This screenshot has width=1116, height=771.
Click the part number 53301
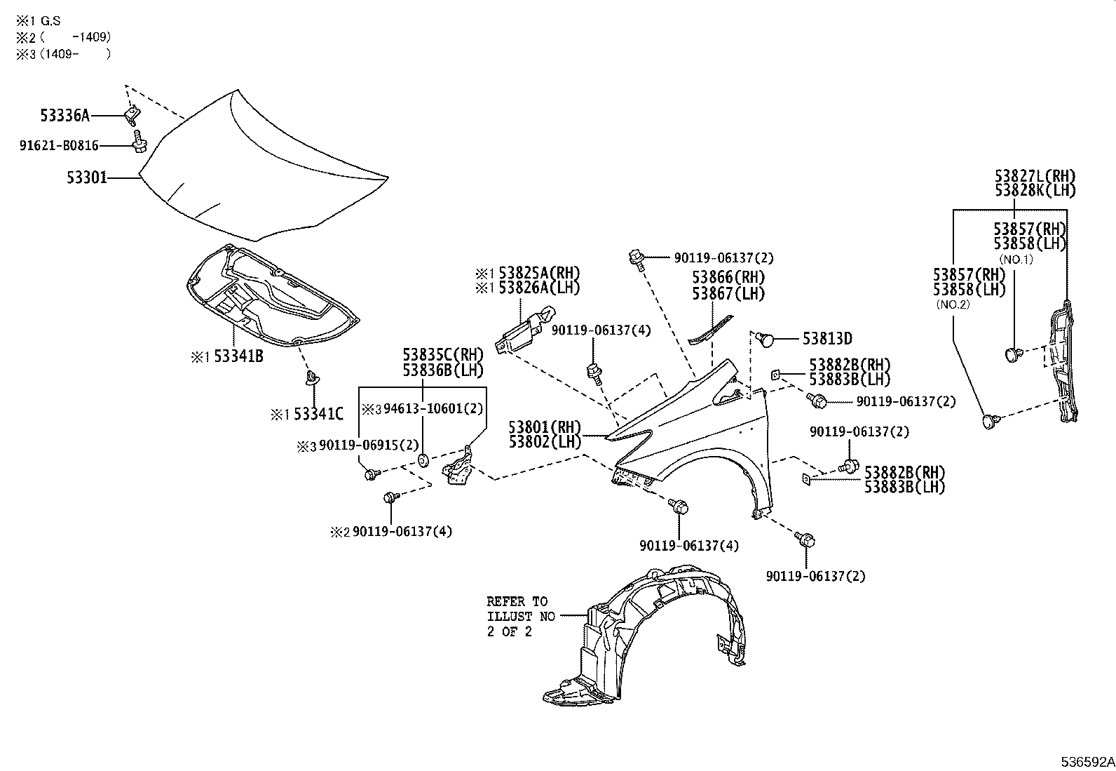click(87, 178)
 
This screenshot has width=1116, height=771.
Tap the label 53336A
click(64, 114)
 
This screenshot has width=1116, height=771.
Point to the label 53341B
click(238, 356)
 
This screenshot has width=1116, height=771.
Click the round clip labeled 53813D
click(766, 340)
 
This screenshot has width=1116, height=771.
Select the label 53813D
click(827, 339)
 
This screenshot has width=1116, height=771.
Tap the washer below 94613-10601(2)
click(423, 460)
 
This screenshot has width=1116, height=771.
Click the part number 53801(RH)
click(545, 427)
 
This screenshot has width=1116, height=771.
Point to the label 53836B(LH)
click(442, 370)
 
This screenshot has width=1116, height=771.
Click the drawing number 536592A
click(1087, 761)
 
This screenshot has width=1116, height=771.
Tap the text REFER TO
click(517, 602)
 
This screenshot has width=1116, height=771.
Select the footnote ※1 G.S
click(39, 22)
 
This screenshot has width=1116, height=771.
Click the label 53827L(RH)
click(1034, 177)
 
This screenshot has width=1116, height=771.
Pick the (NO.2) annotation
click(953, 305)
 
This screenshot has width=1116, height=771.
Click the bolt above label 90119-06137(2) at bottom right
click(805, 539)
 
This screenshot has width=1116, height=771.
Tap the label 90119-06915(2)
click(369, 445)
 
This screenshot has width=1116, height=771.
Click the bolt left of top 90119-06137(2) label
click(637, 257)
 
